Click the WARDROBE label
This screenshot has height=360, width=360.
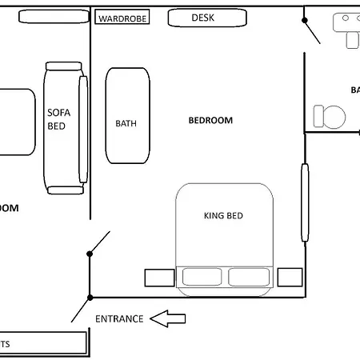[122, 18]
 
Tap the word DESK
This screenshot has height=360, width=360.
[203, 17]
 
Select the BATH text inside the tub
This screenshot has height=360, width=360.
[126, 123]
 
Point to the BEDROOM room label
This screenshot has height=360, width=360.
[210, 120]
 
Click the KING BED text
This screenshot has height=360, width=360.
[223, 215]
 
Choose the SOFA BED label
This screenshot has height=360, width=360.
[58, 119]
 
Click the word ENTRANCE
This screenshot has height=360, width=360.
[119, 318]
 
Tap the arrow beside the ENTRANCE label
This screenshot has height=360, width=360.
[169, 319]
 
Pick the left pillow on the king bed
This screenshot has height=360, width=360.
[203, 277]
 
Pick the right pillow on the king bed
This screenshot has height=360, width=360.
[249, 277]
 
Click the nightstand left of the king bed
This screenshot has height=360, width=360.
[159, 278]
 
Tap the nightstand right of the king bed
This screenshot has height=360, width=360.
[290, 278]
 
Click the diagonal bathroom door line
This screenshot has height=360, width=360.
[311, 31]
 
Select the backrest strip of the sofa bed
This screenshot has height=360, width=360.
[82, 130]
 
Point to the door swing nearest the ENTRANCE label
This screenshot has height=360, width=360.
[79, 309]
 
